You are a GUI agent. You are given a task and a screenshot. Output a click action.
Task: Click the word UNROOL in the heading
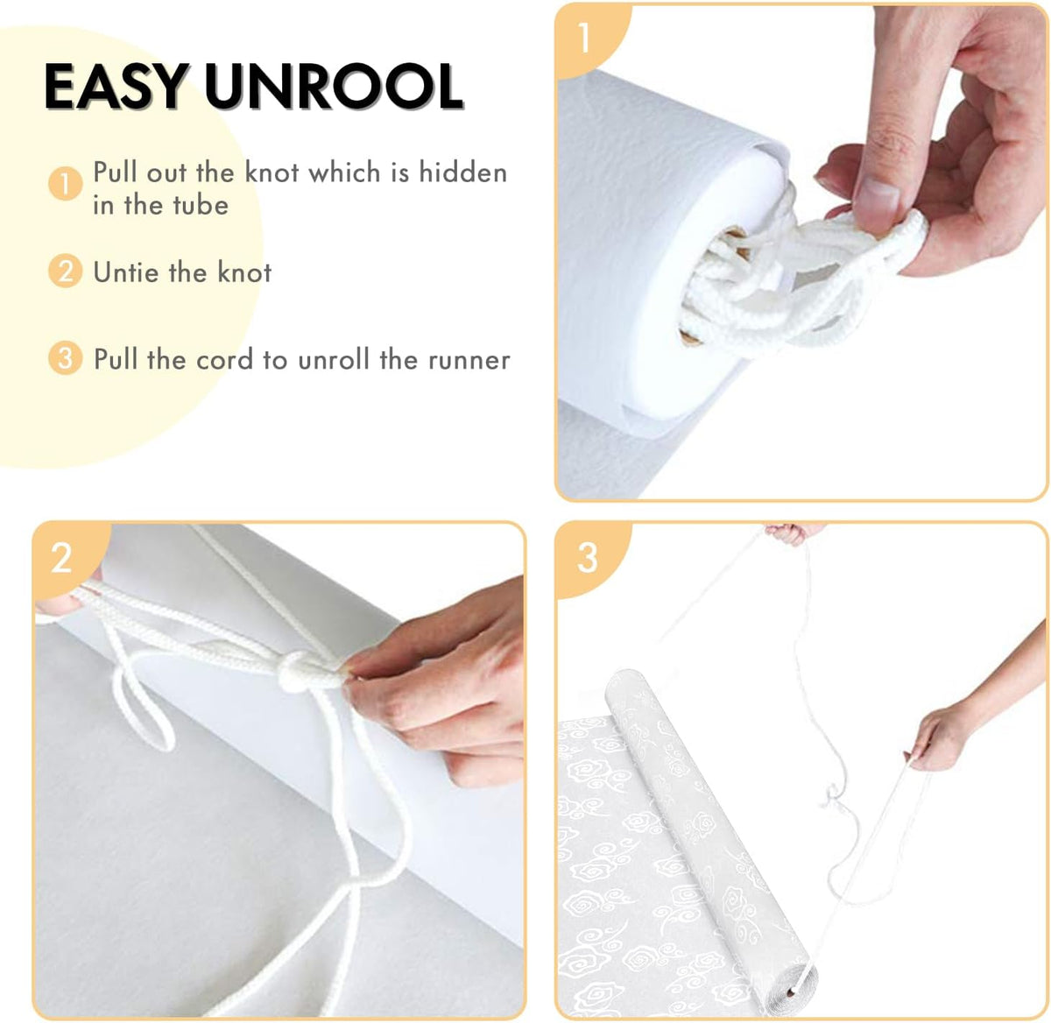pos(333,87)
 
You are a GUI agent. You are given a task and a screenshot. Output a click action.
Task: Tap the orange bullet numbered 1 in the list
pos(65,184)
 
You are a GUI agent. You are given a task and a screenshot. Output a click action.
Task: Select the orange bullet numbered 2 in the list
pos(65,272)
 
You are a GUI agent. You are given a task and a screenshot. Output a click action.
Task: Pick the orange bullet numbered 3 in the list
pos(65,358)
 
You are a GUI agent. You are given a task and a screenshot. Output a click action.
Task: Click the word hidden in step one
pos(462,173)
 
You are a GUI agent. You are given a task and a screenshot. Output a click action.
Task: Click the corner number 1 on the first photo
pos(584,38)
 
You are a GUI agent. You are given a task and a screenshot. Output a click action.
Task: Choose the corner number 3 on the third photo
pos(587,557)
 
